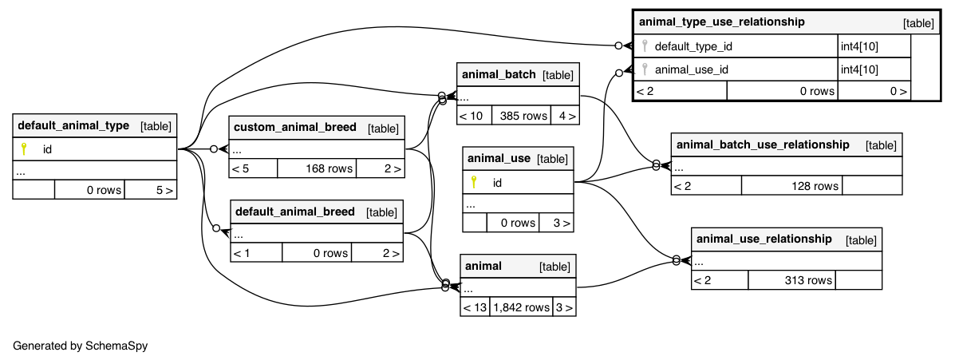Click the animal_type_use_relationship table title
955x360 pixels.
[x=721, y=22]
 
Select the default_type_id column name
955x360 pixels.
[x=693, y=46]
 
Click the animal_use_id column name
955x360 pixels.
[x=691, y=69]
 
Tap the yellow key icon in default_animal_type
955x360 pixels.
[x=24, y=148]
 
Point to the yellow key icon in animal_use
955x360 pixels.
[x=474, y=182]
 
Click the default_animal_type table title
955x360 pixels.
[x=73, y=125]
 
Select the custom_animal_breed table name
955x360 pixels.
[x=294, y=128]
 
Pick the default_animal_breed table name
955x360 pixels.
[x=294, y=212]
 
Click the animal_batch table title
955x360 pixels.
[x=499, y=74]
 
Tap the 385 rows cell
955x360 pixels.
[x=523, y=116]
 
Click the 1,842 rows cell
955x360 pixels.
[x=521, y=307]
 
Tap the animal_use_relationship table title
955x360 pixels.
[x=764, y=239]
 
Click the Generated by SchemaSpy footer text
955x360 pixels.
[x=81, y=346]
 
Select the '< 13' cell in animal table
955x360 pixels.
[x=475, y=307]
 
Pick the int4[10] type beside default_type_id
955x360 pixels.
[x=860, y=46]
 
